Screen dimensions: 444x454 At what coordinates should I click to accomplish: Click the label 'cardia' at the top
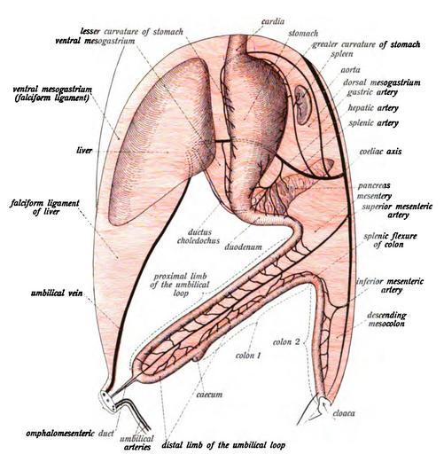(x=273, y=22)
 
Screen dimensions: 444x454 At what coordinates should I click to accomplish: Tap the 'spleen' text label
(x=342, y=54)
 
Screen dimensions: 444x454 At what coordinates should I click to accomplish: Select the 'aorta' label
(x=351, y=70)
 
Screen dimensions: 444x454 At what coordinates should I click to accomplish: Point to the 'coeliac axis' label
(x=380, y=152)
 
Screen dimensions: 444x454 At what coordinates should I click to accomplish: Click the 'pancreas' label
(x=374, y=186)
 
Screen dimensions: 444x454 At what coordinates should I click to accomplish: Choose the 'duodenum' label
(x=243, y=247)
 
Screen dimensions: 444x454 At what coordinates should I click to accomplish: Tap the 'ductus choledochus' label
(x=199, y=237)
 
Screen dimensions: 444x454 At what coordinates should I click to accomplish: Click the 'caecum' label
(x=209, y=395)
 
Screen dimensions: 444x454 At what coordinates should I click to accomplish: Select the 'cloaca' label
(x=344, y=413)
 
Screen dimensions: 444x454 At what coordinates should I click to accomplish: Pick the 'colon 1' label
(x=248, y=356)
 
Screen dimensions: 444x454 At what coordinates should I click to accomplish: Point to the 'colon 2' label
(x=286, y=342)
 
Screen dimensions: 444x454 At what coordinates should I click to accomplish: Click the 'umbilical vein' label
(x=57, y=294)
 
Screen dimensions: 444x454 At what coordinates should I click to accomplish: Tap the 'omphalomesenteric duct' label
(x=70, y=434)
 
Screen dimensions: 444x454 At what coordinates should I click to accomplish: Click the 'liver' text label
(x=84, y=151)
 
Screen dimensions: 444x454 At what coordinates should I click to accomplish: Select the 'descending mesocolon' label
(x=386, y=319)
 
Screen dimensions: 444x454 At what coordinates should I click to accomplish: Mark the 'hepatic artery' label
(x=373, y=108)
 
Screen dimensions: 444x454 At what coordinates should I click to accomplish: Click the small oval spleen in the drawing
(x=303, y=105)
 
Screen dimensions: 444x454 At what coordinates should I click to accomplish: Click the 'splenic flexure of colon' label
(x=390, y=240)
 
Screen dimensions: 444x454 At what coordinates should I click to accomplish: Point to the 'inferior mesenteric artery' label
(x=390, y=286)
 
